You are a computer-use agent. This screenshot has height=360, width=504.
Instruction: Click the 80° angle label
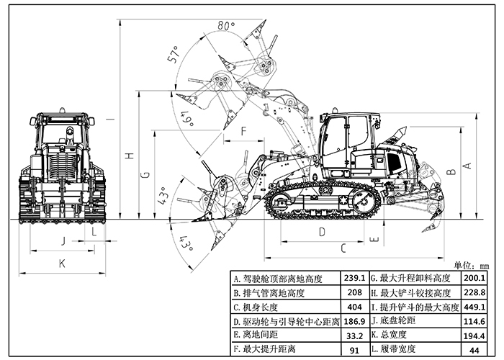pos(226,25)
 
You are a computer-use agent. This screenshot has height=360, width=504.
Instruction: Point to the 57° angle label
pos(173,55)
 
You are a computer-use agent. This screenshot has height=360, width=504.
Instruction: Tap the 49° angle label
pos(188,119)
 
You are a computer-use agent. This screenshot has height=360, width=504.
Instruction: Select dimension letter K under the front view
pos(62,264)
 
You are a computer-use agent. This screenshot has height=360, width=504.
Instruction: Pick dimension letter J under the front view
pos(63,240)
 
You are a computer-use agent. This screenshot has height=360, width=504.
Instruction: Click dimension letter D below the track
pos(322,232)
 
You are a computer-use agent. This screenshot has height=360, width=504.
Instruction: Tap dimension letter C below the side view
pos(343,248)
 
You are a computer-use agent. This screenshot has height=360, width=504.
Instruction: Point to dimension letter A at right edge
pos(466,166)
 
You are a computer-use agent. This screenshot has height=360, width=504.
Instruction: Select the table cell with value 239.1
pos(354,278)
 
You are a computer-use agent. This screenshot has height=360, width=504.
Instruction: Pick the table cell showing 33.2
pos(354,335)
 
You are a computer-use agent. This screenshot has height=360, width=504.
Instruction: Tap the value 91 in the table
pos(354,350)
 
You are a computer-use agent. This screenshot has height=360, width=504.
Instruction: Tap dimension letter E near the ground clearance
pos(374,238)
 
